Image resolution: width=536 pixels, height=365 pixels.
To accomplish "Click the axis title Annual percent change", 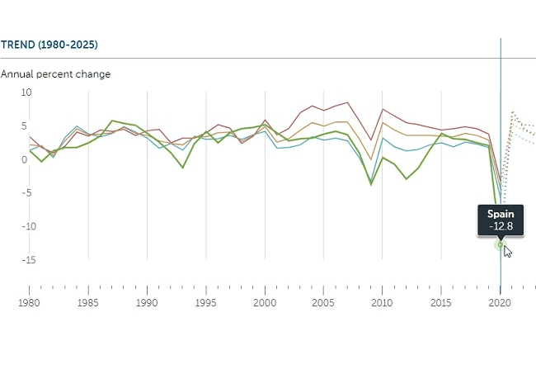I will click(55, 74).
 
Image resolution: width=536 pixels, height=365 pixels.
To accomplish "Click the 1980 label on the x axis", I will click(30, 303).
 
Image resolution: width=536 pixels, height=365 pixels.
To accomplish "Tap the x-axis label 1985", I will click(88, 303).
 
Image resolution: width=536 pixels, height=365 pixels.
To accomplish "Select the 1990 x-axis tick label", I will click(147, 303).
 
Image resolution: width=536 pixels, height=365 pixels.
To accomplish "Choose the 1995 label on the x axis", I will click(205, 303).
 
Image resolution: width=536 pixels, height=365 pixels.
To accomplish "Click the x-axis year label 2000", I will click(265, 303).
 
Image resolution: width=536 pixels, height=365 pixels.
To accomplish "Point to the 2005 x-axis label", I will click(323, 303).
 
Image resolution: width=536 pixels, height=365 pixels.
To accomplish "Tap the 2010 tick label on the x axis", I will click(382, 303).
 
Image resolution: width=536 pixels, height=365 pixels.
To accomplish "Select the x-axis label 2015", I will click(440, 303).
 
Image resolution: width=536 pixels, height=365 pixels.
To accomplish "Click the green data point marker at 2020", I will click(500, 244).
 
